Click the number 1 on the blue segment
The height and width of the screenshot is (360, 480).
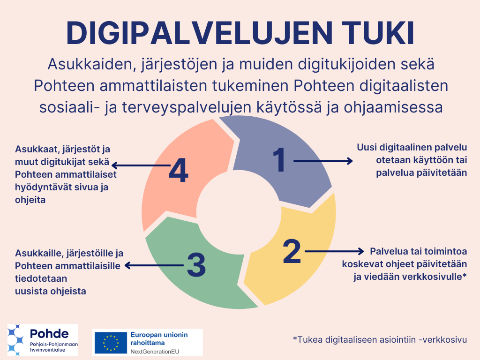pos(280,160)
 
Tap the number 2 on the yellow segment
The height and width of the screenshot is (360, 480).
pos(292,251)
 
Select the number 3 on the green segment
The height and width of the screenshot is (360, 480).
pos(196,265)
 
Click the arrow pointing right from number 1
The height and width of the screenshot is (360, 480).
pos(323,161)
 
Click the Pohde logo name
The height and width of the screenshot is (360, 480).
pos(49,334)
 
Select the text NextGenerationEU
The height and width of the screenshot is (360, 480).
pos(155,351)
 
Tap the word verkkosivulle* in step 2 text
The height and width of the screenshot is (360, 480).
pos(434,277)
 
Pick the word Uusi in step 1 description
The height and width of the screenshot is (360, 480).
pos(367,148)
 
